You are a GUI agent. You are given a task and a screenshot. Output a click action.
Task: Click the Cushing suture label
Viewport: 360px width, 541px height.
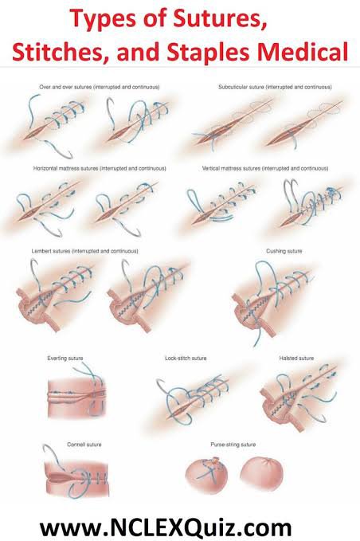284,251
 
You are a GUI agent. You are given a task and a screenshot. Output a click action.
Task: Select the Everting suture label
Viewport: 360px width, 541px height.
65,358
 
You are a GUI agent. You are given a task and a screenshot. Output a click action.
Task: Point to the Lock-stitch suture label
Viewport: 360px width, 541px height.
186,358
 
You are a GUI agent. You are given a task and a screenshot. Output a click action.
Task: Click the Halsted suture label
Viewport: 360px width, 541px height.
296,358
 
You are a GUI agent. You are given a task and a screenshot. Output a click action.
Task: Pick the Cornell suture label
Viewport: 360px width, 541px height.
84,445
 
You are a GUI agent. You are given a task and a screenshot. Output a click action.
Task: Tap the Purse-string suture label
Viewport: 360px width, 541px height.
233,445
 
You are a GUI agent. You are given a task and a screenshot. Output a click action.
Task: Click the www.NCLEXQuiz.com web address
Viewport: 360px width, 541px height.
166,527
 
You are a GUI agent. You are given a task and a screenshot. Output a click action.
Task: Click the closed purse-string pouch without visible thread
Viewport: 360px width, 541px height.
262,473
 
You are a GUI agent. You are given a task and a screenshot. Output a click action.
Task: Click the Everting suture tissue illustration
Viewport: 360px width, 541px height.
76,397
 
